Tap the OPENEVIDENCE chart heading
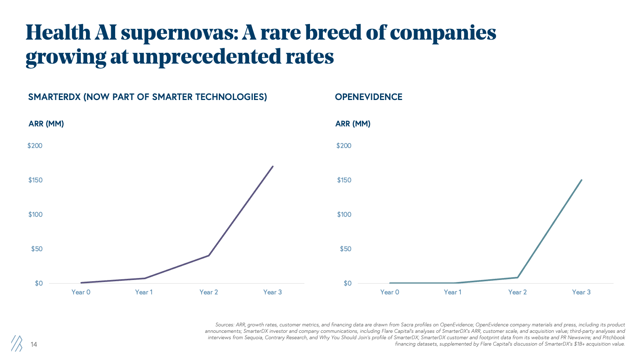point(368,97)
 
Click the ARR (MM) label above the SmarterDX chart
point(46,124)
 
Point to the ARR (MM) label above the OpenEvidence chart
point(353,124)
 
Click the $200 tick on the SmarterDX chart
point(35,146)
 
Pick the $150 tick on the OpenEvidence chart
point(344,180)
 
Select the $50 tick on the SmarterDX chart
point(36,249)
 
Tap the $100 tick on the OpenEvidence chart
point(344,214)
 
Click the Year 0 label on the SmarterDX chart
point(81,292)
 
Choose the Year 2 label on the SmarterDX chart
point(209,292)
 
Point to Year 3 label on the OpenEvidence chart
point(581,292)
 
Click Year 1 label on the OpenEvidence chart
point(452,292)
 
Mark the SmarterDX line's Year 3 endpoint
point(273,166)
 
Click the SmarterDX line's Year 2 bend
point(209,255)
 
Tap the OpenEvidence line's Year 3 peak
point(582,180)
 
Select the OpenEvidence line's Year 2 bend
point(518,277)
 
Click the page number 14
point(34,344)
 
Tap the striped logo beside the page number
point(16,343)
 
